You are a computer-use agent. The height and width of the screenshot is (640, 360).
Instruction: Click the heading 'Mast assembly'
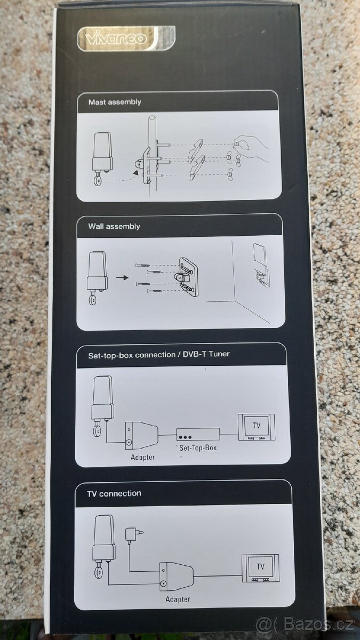coord(115,102)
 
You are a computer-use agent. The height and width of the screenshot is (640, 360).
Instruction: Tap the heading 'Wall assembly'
coord(114,226)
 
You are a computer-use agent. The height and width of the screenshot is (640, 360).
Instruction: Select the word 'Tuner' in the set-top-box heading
coord(219,354)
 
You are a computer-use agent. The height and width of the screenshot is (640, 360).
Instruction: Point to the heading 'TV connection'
coord(114,493)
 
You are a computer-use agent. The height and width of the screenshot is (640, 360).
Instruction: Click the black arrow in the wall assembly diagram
coord(122,277)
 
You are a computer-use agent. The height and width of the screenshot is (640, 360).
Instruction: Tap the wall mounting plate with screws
coord(188,277)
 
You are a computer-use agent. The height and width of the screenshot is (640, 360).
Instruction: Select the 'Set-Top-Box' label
coord(198,447)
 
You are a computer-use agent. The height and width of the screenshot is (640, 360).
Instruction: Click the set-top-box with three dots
coord(198,434)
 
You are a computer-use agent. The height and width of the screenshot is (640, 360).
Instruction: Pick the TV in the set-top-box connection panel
coord(257,427)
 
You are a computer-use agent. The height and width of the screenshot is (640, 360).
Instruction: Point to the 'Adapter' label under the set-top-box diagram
coord(142,457)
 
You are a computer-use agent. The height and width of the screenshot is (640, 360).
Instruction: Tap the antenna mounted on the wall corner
coord(261,265)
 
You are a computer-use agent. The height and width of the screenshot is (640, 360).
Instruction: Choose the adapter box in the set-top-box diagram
coord(141,434)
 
